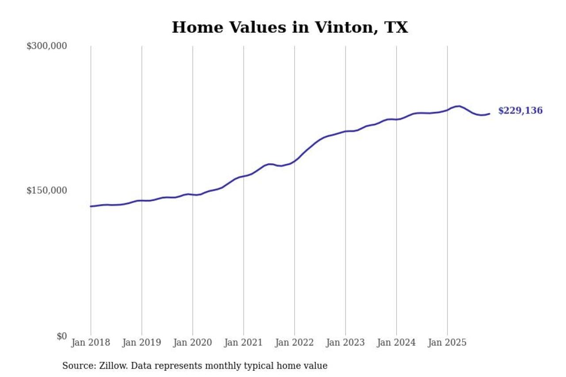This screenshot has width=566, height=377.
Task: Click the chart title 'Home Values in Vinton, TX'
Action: tap(290, 27)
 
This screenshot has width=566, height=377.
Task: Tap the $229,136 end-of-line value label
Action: tap(520, 111)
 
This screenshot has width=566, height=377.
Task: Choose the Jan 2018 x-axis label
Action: tap(91, 343)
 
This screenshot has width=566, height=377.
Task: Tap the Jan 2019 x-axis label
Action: tap(141, 343)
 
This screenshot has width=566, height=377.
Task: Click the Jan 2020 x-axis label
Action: tap(192, 343)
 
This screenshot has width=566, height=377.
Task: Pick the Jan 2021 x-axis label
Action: tap(243, 343)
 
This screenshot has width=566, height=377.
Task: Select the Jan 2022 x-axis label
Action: tap(294, 343)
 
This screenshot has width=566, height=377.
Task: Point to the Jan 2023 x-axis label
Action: tap(345, 343)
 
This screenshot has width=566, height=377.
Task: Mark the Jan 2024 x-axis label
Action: tap(396, 343)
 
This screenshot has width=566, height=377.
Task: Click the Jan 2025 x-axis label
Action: tap(447, 343)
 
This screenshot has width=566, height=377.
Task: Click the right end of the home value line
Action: tap(489, 114)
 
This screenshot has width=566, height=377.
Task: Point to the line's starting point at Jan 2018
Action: tap(91, 206)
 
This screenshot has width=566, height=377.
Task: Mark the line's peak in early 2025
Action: tap(459, 106)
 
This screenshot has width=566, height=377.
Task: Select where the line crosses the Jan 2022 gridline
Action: tap(294, 161)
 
